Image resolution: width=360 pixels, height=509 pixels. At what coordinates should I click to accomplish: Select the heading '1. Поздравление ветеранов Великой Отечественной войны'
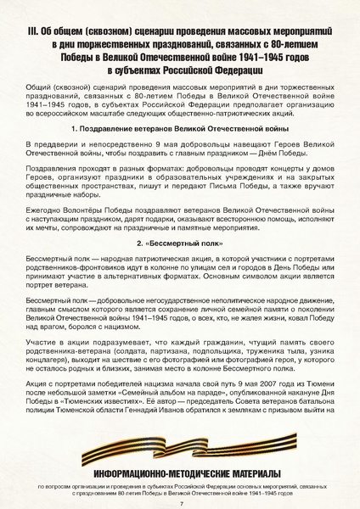[180, 127]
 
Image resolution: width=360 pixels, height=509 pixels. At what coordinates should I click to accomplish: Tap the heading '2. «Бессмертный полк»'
[180, 243]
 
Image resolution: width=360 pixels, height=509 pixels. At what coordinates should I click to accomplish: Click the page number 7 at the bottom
[181, 502]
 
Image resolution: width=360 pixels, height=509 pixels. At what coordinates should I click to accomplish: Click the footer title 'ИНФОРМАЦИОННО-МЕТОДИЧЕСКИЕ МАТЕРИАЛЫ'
[180, 473]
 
